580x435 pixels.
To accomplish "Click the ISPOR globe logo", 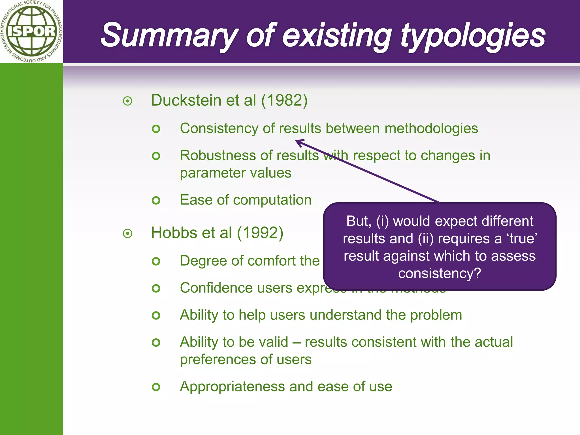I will coord(31,31).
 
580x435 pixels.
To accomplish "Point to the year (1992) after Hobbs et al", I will coord(260,233).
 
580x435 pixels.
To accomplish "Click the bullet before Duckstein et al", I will coord(128,101).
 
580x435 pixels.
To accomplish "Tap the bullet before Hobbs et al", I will coord(128,234).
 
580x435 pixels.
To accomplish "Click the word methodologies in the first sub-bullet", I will coord(431,128).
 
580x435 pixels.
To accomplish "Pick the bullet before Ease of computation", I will coord(156,201).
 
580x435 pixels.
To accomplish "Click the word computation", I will coord(272,200).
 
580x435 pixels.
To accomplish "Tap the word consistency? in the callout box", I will coord(440,273).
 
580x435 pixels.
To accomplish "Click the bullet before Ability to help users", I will coord(156,315).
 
